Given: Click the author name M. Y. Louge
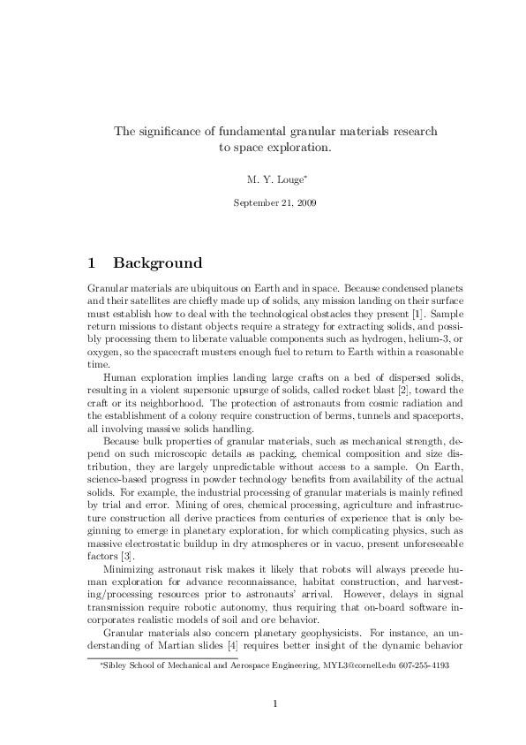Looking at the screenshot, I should coord(274,179).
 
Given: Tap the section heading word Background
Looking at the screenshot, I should coord(158,263).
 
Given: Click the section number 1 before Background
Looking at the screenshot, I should coord(93,263).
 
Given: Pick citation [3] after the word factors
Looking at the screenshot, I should coord(127,529).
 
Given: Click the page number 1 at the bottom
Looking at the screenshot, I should coord(276,704).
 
